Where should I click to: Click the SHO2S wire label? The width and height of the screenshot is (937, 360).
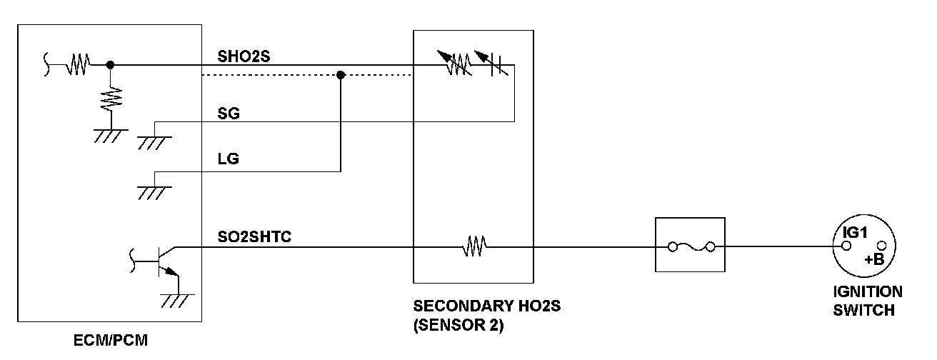pos(244,56)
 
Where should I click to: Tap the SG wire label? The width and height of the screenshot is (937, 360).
pos(229,114)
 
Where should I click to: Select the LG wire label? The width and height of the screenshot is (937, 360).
pos(228,160)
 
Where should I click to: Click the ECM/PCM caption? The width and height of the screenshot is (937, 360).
pos(111,341)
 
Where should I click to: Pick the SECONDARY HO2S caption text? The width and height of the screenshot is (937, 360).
pos(487,306)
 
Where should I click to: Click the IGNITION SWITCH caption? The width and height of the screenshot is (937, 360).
pos(868,301)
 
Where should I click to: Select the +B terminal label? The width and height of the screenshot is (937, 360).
pos(874,260)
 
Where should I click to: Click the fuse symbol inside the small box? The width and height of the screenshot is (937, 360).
pos(690,247)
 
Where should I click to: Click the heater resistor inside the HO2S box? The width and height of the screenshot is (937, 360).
pos(474,247)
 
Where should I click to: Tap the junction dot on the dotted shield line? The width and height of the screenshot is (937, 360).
pos(341,75)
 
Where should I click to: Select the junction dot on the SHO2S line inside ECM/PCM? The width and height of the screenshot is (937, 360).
pos(110,65)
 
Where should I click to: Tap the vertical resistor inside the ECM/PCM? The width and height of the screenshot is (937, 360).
pos(110,98)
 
